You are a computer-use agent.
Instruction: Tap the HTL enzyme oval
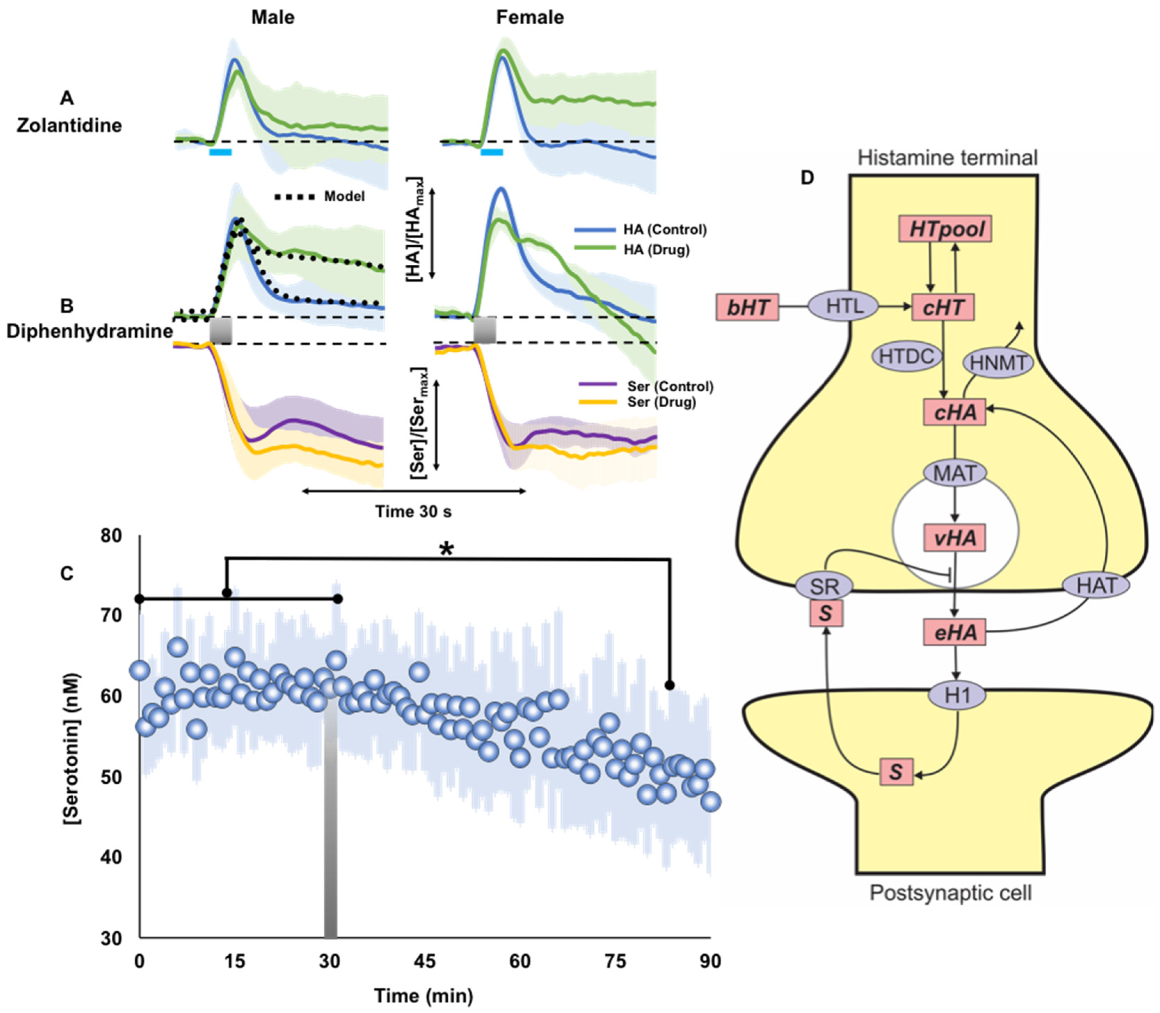click(843, 306)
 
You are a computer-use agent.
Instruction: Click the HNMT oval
click(998, 363)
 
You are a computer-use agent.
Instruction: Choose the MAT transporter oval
click(955, 472)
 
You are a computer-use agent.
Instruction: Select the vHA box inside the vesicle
click(955, 537)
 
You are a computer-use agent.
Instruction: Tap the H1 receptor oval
click(957, 695)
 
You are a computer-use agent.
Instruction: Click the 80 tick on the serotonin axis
click(111, 535)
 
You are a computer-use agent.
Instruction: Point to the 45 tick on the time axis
click(425, 961)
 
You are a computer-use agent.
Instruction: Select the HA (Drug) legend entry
click(656, 249)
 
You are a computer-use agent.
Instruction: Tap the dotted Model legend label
click(344, 196)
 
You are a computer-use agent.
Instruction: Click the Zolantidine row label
click(69, 125)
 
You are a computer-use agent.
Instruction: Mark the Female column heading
click(530, 17)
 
